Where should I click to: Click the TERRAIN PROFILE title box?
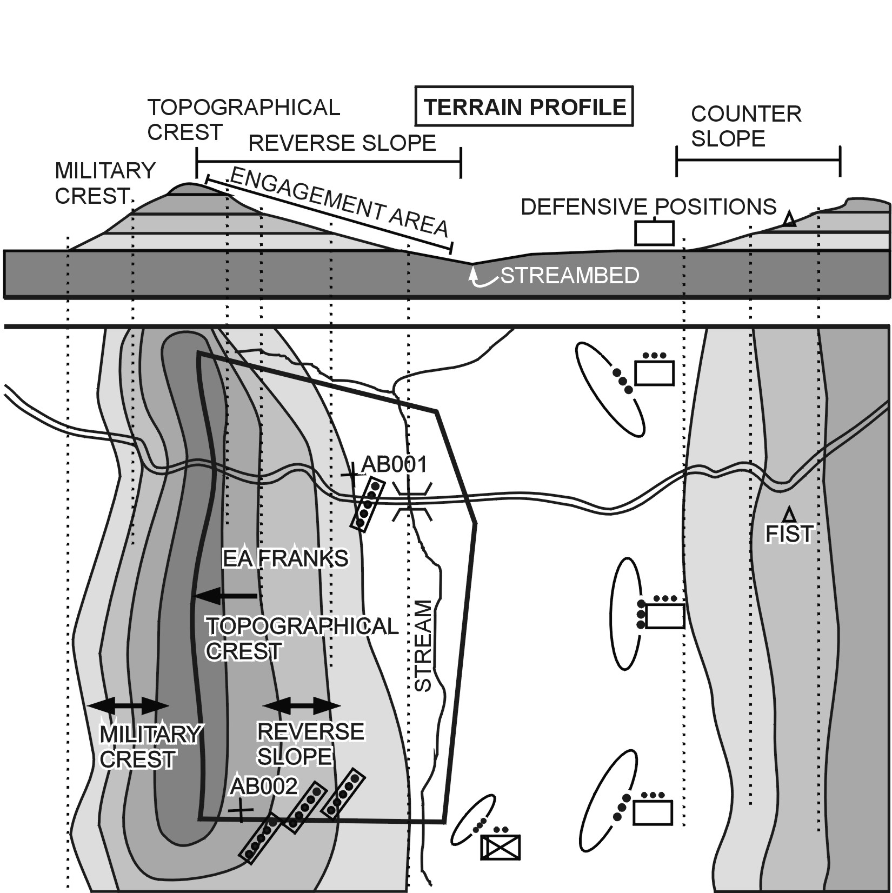point(523,106)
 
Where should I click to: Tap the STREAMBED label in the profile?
point(570,276)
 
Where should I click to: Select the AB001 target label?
point(394,464)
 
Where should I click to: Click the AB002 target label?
point(264,787)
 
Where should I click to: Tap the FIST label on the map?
point(789,534)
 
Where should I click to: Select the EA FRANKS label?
point(285,558)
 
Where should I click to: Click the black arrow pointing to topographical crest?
point(224,596)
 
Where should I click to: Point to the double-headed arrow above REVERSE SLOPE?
point(301,705)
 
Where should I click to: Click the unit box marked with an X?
point(500,847)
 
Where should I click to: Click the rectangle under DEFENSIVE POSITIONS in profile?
point(654,234)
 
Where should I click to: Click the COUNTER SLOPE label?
point(746,126)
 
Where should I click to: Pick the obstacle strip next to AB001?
point(368,504)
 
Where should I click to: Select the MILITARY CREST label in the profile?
point(105,183)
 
